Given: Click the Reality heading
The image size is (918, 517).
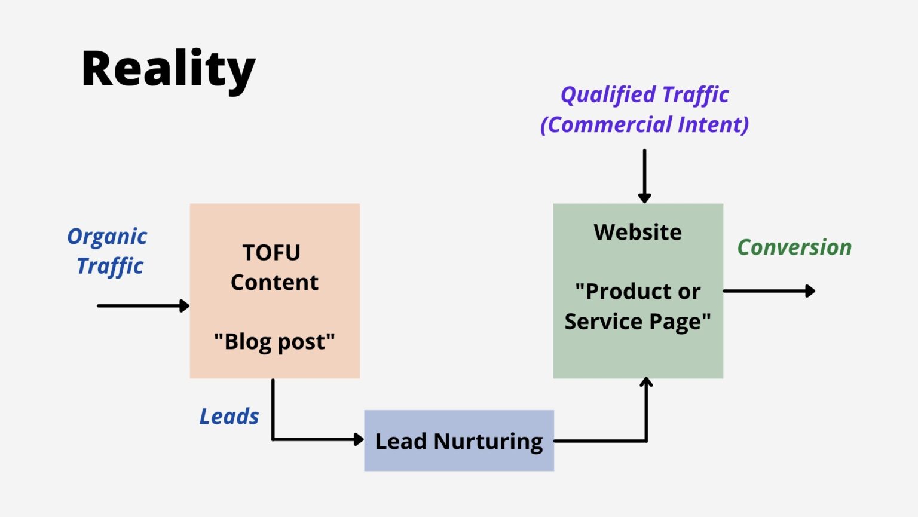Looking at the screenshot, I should click(x=168, y=69).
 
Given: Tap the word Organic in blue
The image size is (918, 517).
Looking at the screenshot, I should click(x=107, y=237).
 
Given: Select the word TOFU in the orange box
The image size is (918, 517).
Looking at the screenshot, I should click(x=271, y=253).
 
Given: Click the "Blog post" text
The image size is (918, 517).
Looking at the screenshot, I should click(x=274, y=342).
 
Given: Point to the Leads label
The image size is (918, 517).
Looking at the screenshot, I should click(x=229, y=416).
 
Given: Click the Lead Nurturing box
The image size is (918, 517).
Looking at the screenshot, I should click(x=458, y=441).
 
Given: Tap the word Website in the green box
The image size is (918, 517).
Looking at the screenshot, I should click(x=638, y=232).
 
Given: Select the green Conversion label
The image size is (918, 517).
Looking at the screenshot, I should click(x=794, y=247).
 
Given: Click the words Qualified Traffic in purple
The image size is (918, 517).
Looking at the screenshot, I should click(x=644, y=95).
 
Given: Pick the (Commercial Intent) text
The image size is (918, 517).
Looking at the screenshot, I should click(x=644, y=125).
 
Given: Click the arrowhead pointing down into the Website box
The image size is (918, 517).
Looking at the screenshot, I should click(x=644, y=198).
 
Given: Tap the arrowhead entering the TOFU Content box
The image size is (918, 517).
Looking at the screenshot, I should click(x=184, y=306).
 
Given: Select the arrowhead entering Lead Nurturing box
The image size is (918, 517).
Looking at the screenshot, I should click(x=359, y=439).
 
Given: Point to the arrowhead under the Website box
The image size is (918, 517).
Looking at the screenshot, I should click(x=646, y=383).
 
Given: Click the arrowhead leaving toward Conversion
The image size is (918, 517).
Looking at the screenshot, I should click(x=810, y=291).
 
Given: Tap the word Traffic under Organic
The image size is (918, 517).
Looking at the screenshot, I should click(x=110, y=266).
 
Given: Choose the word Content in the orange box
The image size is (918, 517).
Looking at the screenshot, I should click(x=274, y=282).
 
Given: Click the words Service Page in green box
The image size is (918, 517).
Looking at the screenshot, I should click(x=638, y=322).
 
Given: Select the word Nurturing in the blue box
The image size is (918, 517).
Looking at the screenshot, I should click(x=488, y=442).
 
